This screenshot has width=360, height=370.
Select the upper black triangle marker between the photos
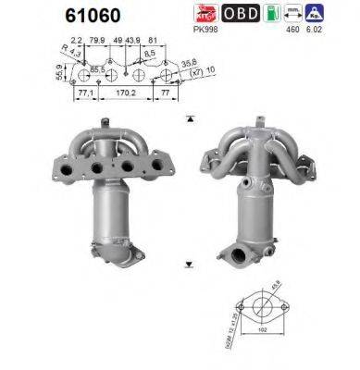(189, 118)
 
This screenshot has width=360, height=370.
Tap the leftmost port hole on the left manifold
(74, 170)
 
